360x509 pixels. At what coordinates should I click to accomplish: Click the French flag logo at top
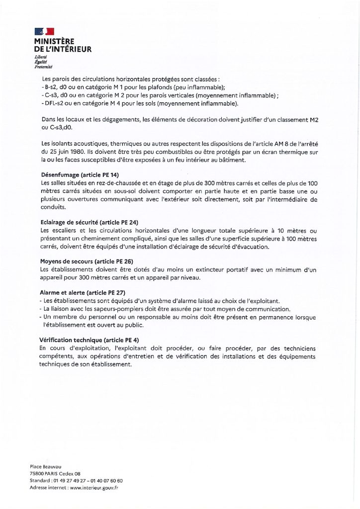43,32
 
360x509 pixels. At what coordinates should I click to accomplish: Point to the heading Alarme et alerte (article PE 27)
80,293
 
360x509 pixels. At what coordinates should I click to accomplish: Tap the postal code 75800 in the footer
37,474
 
